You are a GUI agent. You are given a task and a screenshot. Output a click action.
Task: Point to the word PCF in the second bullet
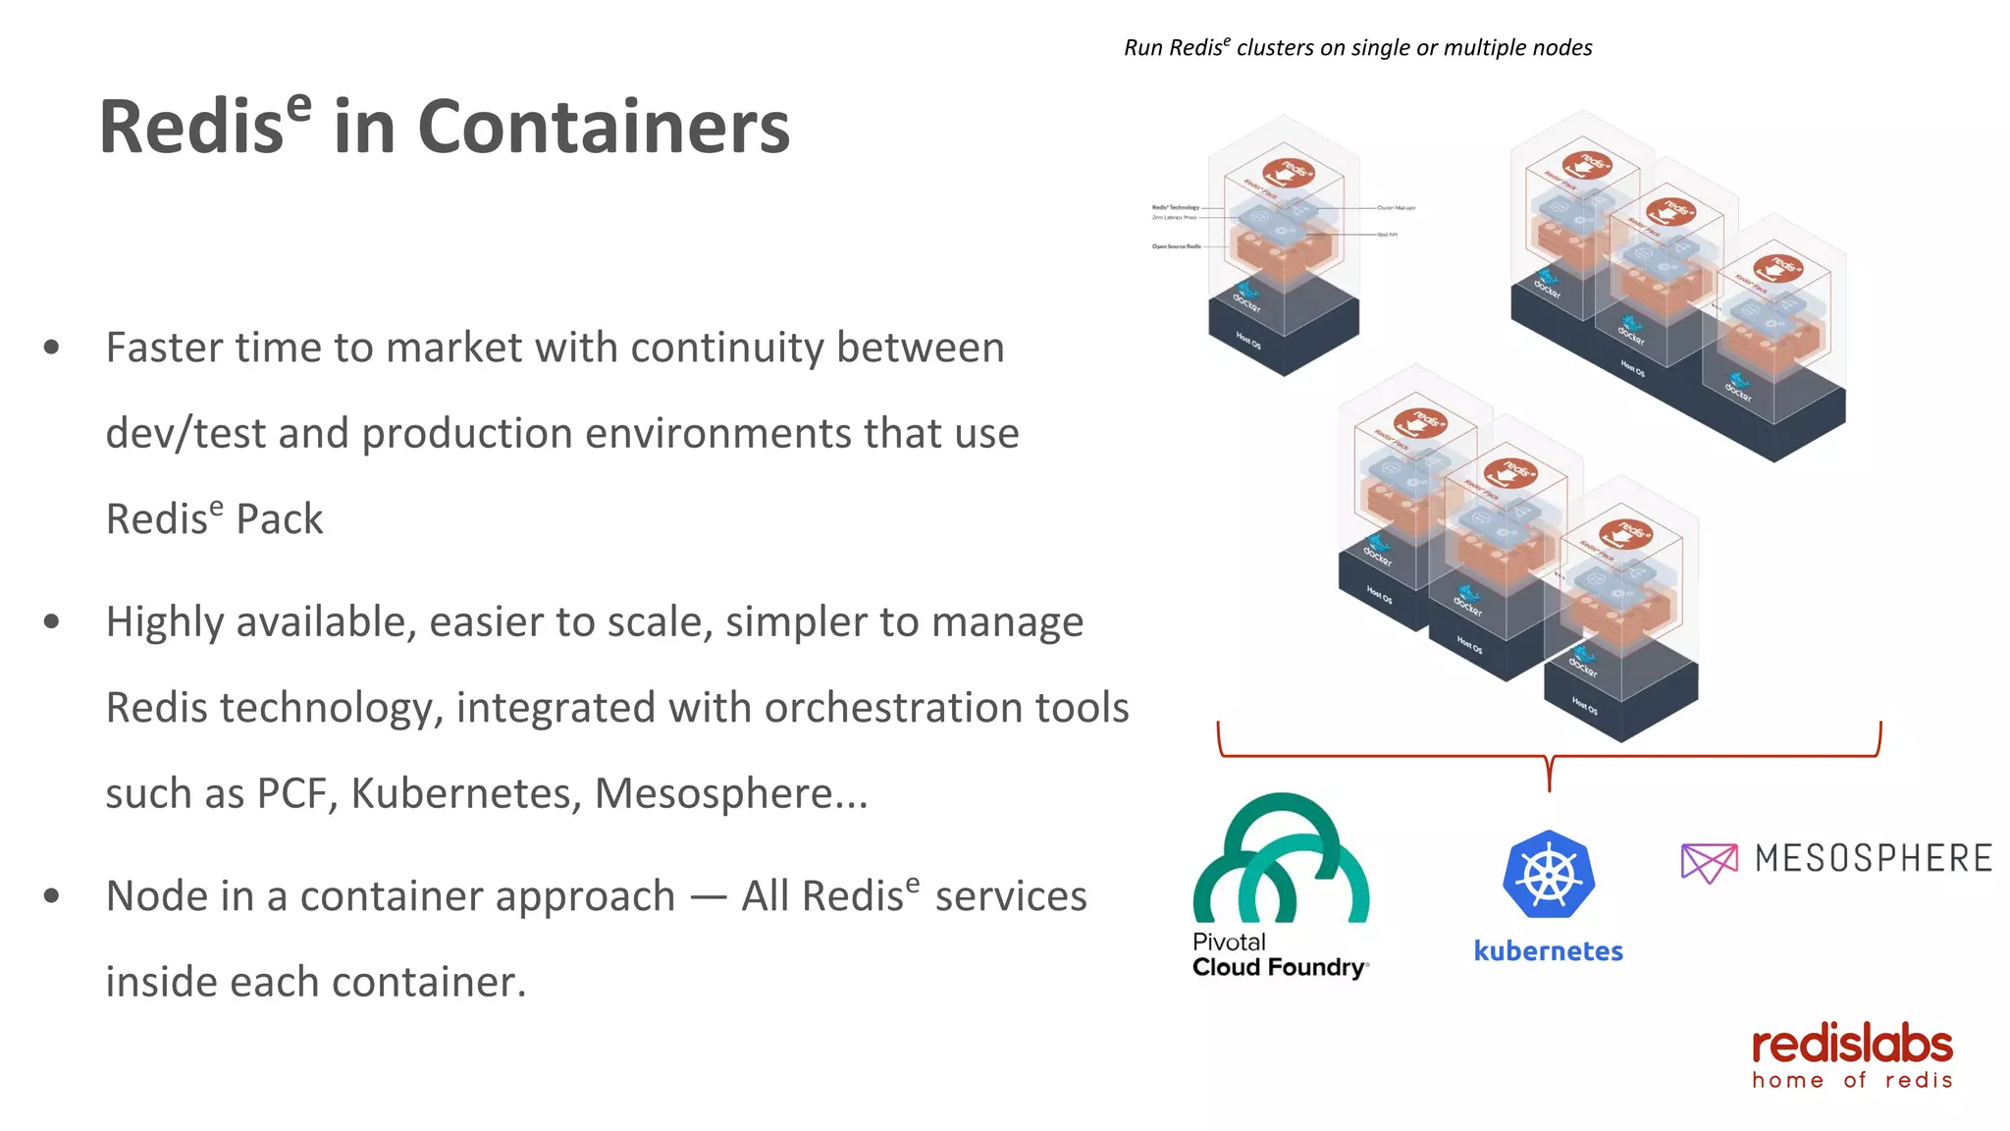click(x=291, y=794)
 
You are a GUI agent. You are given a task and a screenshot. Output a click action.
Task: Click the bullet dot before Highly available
click(x=52, y=621)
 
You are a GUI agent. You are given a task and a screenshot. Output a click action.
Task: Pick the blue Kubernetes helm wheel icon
click(x=1548, y=875)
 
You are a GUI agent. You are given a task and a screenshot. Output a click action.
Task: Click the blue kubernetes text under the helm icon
click(x=1548, y=951)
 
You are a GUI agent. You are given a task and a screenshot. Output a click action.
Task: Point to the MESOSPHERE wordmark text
click(x=1873, y=859)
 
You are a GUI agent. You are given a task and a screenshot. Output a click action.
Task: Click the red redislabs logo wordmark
click(x=1851, y=1046)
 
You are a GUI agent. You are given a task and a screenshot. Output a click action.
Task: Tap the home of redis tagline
click(x=1851, y=1081)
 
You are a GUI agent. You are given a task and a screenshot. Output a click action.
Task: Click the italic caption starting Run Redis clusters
click(x=1357, y=48)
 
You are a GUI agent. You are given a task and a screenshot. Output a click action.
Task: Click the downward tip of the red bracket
click(x=1549, y=786)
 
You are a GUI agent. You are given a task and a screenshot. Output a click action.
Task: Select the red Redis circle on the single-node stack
click(x=1289, y=172)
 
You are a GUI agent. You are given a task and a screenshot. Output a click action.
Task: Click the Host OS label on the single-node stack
click(x=1248, y=342)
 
